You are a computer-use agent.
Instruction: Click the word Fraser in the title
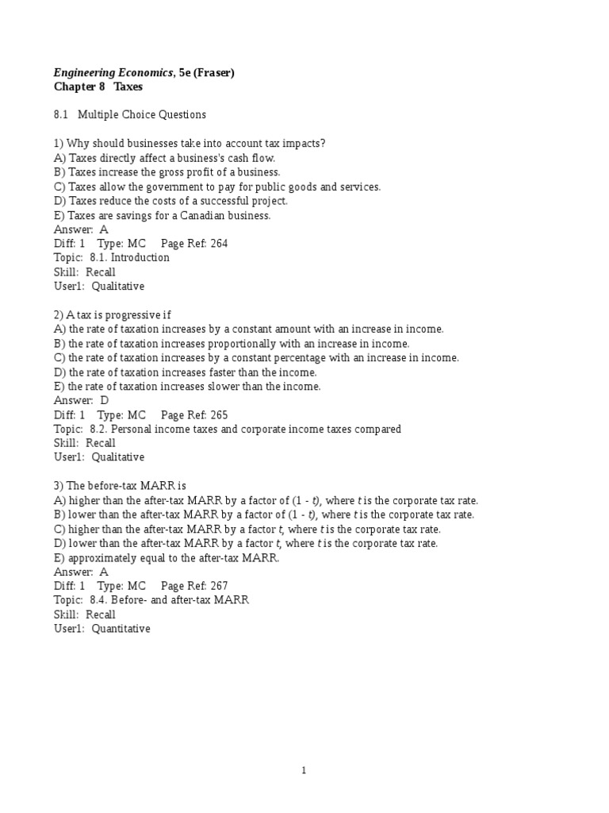213,73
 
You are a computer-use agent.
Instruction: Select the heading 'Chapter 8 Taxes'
98,87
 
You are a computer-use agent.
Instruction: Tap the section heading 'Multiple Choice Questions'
142,114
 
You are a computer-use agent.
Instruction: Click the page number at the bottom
304,770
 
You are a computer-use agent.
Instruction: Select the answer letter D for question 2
104,401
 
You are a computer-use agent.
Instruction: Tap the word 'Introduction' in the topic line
140,258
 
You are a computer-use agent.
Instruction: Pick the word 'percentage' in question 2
300,358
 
